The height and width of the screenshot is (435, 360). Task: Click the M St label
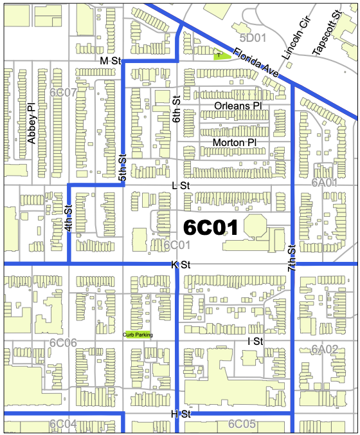(111, 60)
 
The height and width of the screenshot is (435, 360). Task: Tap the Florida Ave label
(256, 64)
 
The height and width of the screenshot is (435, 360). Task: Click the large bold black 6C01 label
(211, 227)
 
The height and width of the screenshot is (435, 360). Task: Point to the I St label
(255, 340)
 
